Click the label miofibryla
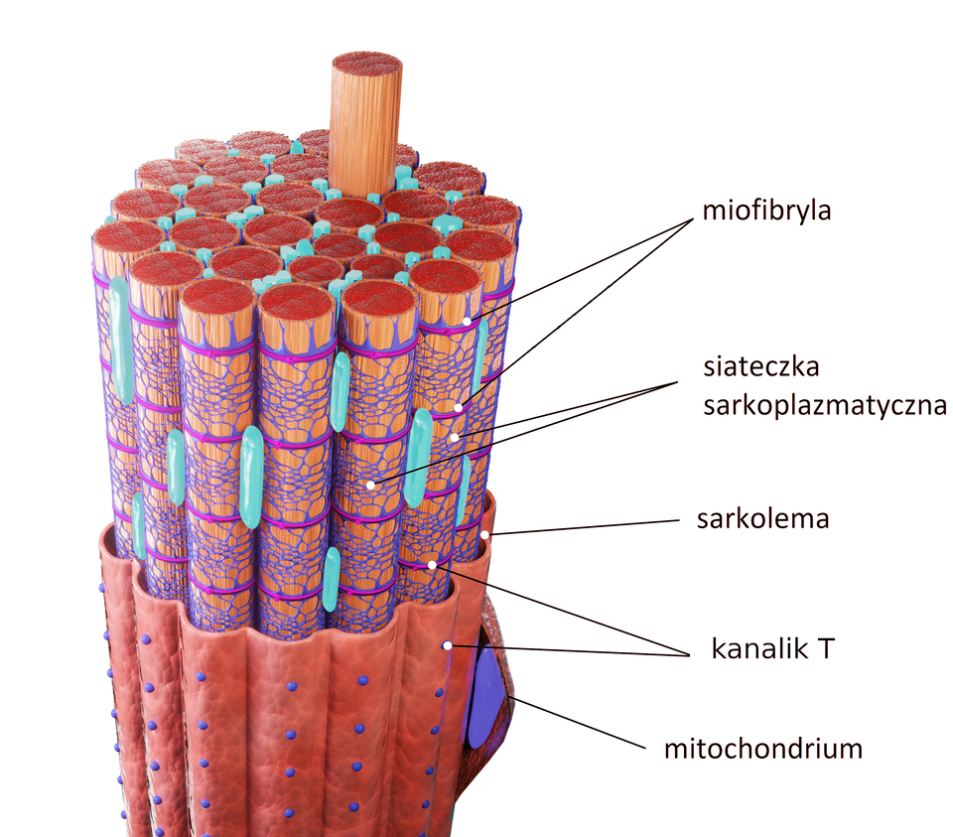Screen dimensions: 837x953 pos(765,211)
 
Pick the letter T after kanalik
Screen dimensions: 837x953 pos(825,649)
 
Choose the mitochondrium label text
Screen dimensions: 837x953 pos(762,748)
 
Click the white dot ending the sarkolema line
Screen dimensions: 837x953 pos(484,534)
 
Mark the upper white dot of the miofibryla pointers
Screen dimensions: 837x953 pos(467,321)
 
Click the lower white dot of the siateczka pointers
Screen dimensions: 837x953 pos(370,485)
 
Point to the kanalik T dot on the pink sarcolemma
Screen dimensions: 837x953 pos(448,645)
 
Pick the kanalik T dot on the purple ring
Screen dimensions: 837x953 pos(432,565)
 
